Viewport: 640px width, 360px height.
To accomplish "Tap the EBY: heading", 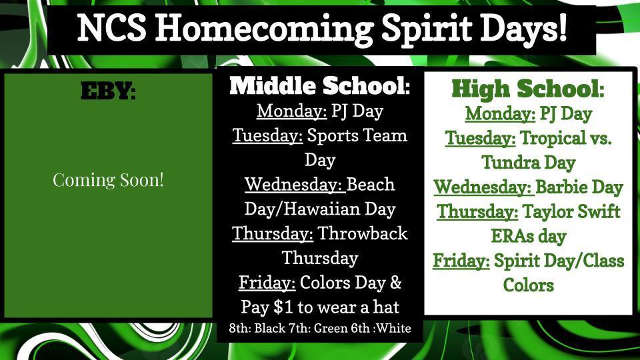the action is pos(108,91).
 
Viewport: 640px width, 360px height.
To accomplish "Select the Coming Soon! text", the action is pos(108,180).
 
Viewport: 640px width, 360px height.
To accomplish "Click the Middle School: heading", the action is pos(319,86).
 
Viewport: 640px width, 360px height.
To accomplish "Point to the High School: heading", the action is pos(528,89).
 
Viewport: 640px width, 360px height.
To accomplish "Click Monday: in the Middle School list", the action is pos(292,111).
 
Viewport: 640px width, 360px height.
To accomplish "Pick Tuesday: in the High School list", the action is pos(481,138).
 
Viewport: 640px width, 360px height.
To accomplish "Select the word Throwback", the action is pos(363,233).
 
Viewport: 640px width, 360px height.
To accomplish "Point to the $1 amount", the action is pos(283,307).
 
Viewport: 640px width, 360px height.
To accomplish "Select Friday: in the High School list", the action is pos(461,261).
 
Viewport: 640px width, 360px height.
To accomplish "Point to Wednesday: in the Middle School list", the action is pos(293,185).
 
